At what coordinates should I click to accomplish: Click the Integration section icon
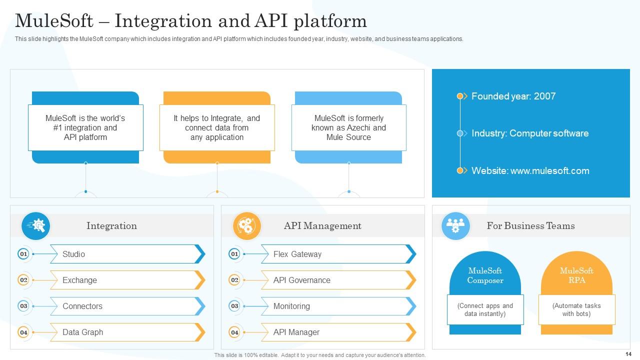35,226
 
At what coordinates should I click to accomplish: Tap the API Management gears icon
246,226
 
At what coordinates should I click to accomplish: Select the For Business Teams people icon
455,226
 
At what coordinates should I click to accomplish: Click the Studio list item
73,254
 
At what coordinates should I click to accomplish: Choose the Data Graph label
82,332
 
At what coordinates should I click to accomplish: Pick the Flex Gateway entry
297,254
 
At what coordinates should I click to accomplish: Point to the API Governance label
301,280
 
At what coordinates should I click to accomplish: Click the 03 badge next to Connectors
23,306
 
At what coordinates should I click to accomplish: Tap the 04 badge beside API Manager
234,332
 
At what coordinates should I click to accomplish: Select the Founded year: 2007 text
513,96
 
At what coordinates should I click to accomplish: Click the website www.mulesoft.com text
530,170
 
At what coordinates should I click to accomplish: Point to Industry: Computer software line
530,133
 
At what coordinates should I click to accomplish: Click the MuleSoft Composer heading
485,275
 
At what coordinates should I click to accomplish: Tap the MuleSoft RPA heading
576,275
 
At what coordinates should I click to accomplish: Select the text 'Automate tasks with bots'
576,309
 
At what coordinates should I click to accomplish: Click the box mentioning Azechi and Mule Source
348,127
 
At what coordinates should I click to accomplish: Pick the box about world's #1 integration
85,127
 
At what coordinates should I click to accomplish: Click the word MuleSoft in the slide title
54,21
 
